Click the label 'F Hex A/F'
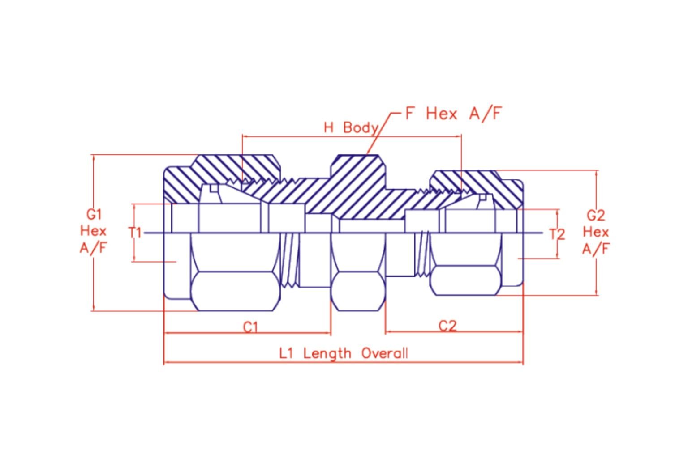click(x=454, y=114)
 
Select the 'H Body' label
click(x=351, y=127)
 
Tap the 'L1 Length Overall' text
click(x=344, y=353)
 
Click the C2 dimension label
click(x=447, y=326)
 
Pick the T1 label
click(x=135, y=233)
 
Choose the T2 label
click(x=557, y=234)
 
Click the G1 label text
click(x=94, y=214)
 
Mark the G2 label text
click(x=596, y=216)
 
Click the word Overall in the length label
click(x=385, y=353)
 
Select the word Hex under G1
click(x=93, y=231)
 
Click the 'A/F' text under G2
click(x=596, y=249)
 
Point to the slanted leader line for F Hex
click(x=380, y=133)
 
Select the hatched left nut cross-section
click(x=222, y=178)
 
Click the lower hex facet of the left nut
click(x=236, y=291)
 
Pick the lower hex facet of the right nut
click(x=466, y=280)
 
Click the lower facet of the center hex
click(x=358, y=291)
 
